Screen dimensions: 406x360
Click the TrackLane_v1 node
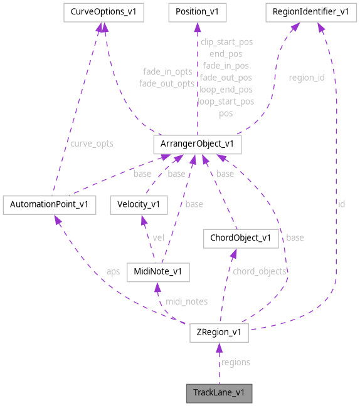pos(219,393)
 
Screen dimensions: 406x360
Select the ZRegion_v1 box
pos(219,333)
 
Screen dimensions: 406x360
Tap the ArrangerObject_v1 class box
pos(197,144)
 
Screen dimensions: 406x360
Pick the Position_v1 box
pos(197,12)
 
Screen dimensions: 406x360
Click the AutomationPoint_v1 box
pos(49,204)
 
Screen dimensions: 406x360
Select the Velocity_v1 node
pos(139,204)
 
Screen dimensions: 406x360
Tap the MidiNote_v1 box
pos(157,272)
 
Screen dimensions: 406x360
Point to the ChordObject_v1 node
pos(240,237)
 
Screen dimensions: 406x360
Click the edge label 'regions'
pos(235,362)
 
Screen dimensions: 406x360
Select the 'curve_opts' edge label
pos(92,143)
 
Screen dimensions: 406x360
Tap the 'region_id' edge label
pos(306,78)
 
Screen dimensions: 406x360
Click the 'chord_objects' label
pos(259,271)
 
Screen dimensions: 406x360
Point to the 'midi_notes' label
pos(186,301)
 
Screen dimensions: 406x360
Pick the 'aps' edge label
pos(113,271)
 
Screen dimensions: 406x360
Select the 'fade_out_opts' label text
pos(167,83)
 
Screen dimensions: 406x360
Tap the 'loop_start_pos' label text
pos(226,101)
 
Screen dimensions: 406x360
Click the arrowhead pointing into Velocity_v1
pos(142,217)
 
